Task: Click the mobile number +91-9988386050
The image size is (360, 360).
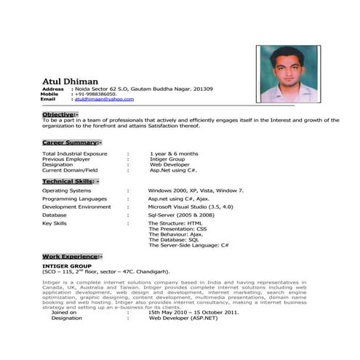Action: coord(96,94)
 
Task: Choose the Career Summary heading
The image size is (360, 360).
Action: coord(72,142)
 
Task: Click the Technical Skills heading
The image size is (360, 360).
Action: coord(71,180)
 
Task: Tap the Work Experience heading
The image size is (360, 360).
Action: coord(73,257)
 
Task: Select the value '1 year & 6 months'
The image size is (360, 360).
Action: coord(174,154)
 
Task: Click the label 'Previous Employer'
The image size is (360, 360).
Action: coord(65,159)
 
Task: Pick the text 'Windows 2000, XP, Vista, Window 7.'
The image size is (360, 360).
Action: coord(196,190)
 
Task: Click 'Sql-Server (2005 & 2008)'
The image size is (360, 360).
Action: coord(182,215)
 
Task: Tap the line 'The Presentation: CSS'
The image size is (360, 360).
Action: coord(177,229)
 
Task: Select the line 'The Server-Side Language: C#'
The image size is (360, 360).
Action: coord(188,245)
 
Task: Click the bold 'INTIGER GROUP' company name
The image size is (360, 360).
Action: coord(65,266)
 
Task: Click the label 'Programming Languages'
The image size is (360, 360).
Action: coord(74,199)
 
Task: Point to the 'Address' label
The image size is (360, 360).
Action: coord(54,89)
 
